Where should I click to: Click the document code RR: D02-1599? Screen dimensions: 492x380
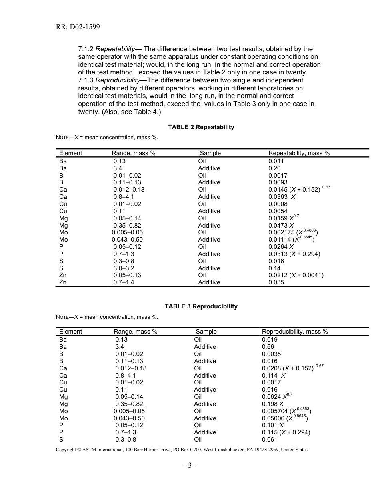(78, 27)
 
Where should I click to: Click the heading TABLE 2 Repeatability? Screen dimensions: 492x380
(201, 127)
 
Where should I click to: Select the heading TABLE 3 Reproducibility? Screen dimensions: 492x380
(201, 306)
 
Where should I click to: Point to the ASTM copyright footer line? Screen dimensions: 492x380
(182, 450)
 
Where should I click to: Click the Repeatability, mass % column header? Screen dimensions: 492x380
(299, 153)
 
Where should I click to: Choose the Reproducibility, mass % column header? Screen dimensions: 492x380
(295, 332)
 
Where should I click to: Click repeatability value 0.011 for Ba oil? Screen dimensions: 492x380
(276, 161)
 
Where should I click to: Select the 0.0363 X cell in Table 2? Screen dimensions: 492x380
(282, 197)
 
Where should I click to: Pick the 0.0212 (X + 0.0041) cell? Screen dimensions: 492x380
(296, 275)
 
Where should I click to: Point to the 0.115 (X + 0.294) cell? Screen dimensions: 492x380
(286, 432)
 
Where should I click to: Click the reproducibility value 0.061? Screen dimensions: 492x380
(270, 440)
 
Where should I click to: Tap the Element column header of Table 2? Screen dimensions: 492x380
(70, 153)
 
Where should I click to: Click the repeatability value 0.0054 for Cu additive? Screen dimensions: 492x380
(278, 211)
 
